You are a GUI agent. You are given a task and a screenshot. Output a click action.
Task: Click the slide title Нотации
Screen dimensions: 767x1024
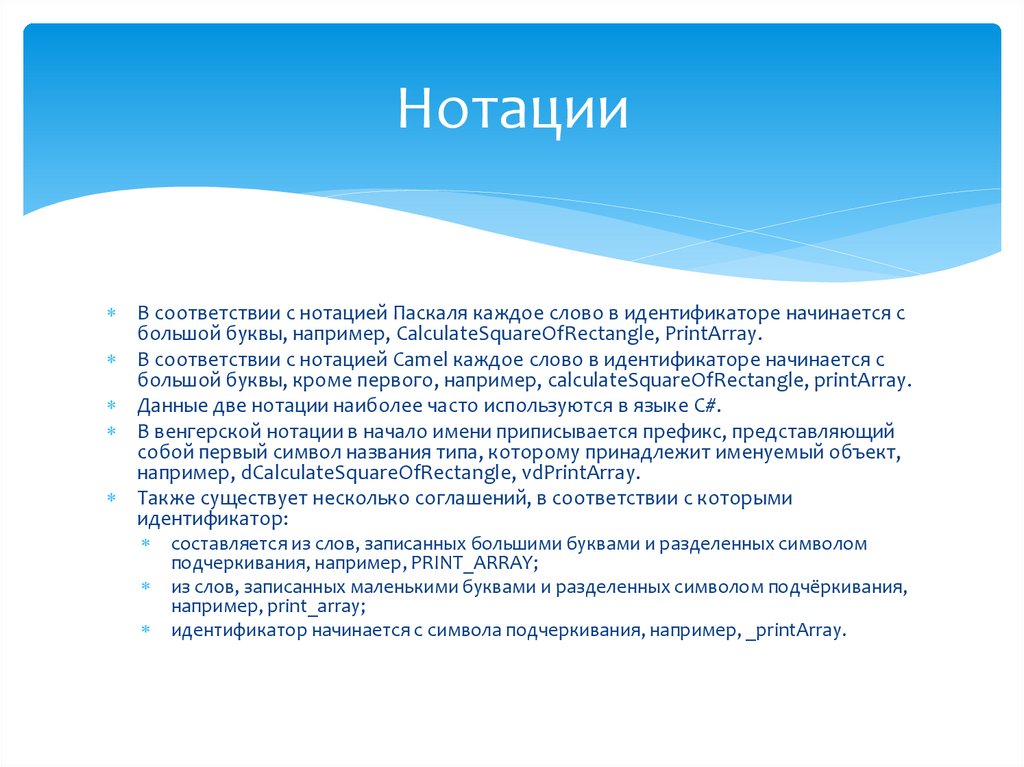[x=512, y=109]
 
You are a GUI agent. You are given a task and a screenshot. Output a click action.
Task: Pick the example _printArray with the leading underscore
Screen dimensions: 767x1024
[x=795, y=631]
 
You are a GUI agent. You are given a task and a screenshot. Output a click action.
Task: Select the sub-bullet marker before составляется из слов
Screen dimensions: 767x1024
[x=146, y=545]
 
